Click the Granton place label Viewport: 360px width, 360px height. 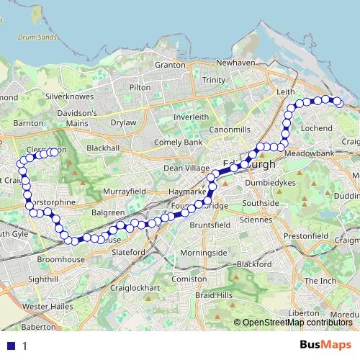(x=170, y=64)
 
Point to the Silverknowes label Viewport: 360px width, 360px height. (x=66, y=95)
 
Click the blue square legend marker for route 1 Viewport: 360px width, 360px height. (x=11, y=346)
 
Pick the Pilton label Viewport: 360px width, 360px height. (x=140, y=87)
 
